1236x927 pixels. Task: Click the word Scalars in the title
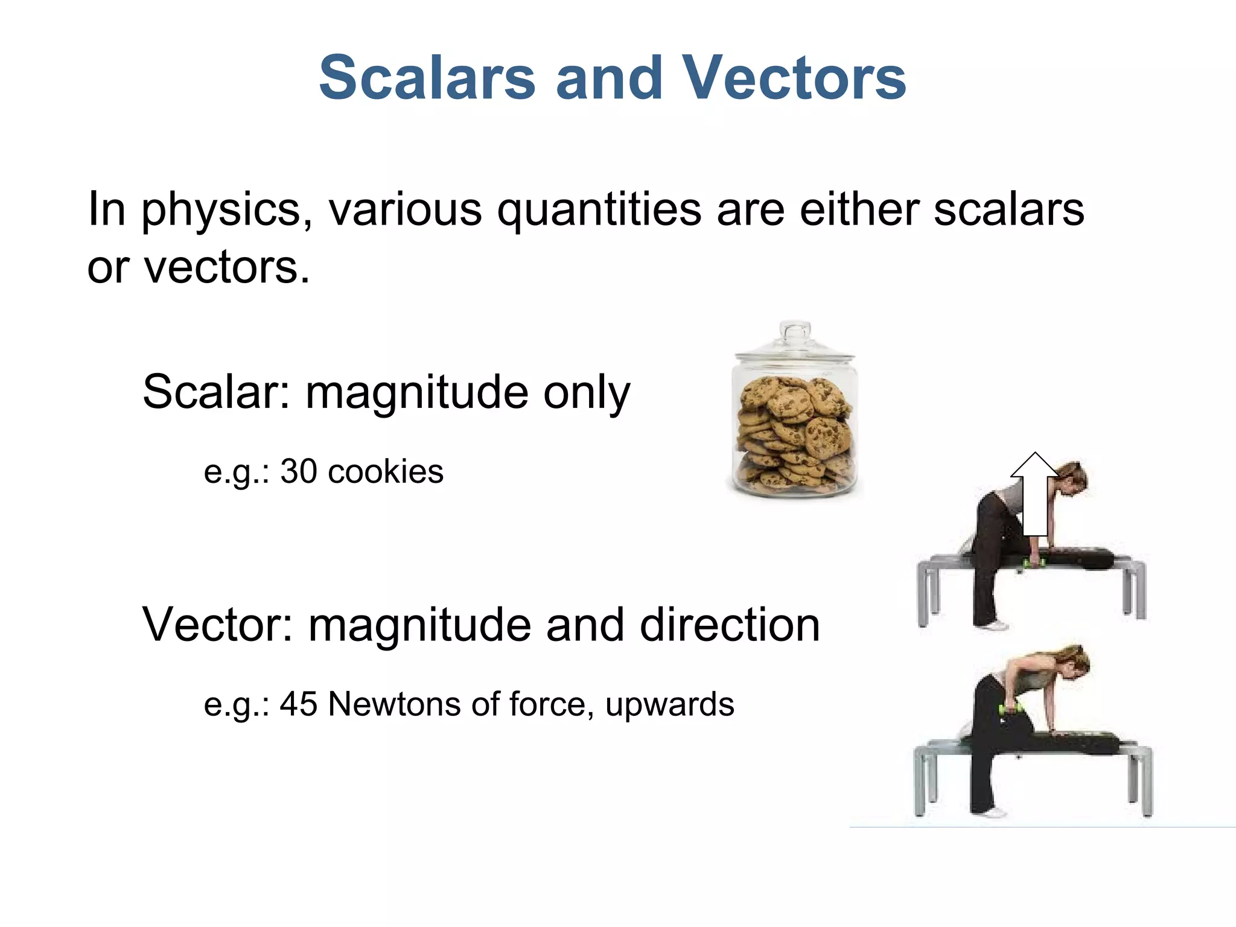(x=427, y=78)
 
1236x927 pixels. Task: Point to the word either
(x=859, y=209)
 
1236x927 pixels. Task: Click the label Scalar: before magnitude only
(x=216, y=392)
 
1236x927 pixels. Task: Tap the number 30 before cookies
(x=299, y=471)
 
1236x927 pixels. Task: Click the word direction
(x=730, y=625)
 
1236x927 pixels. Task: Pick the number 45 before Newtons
(x=299, y=704)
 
